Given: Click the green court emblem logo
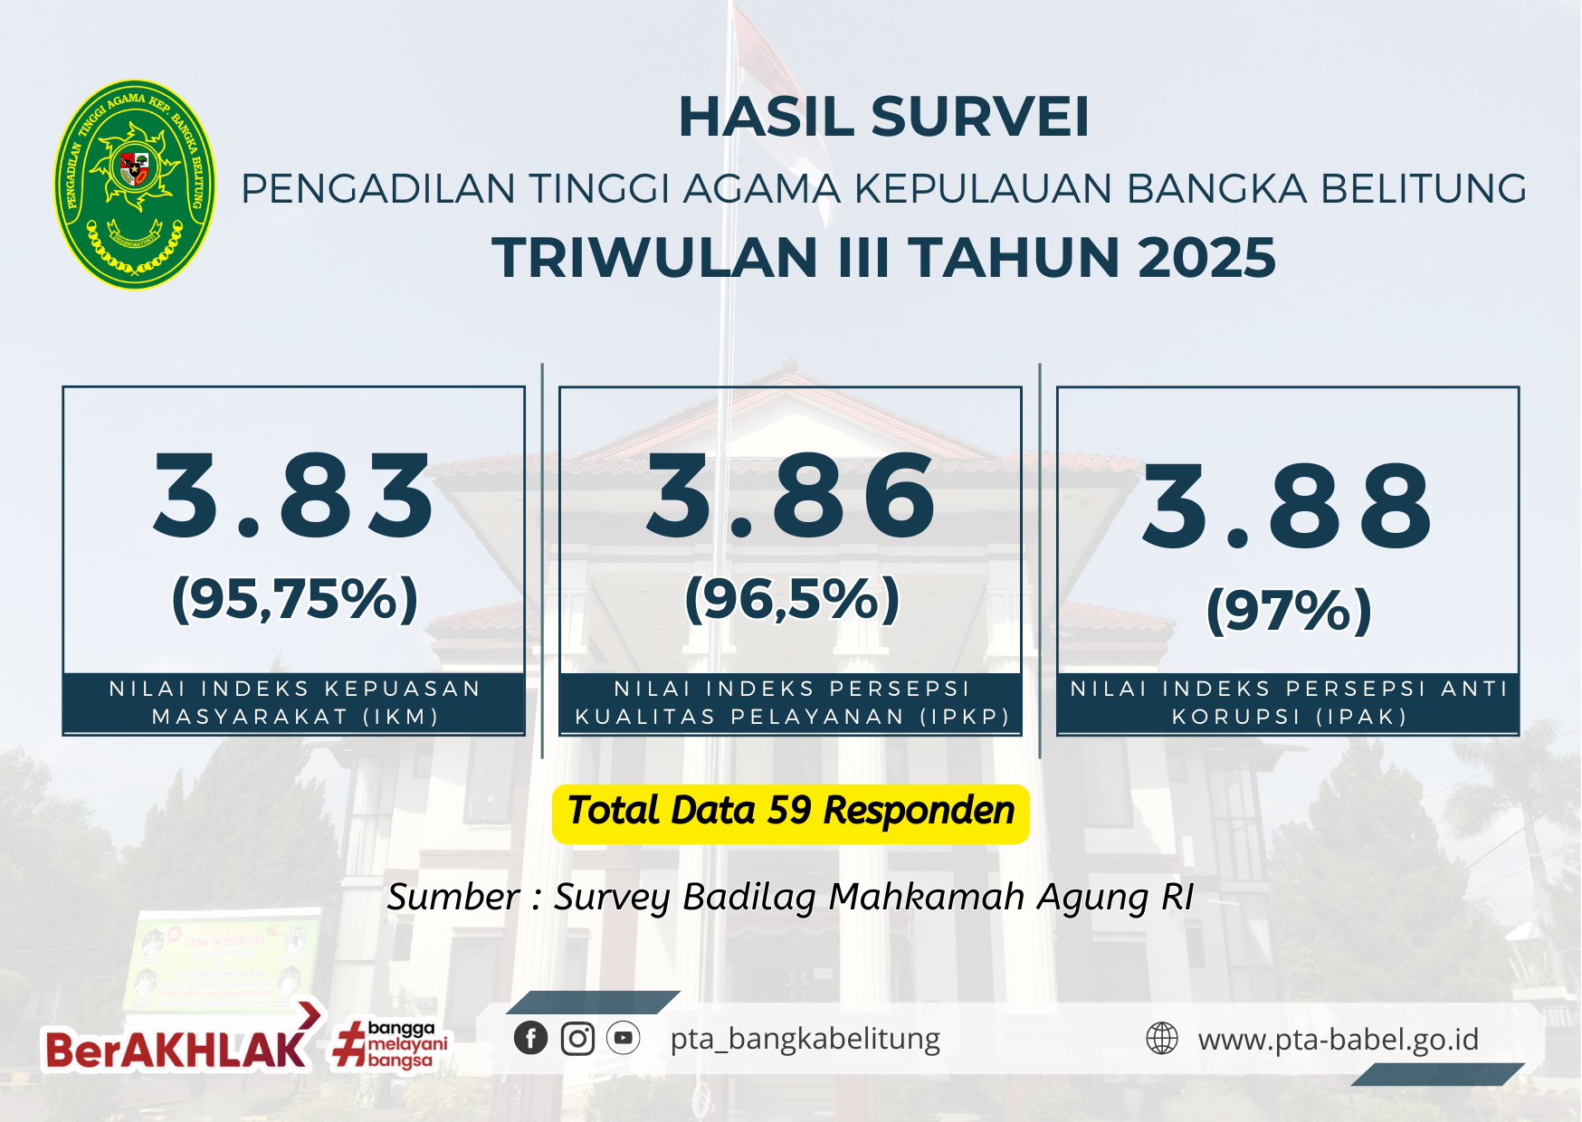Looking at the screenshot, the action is click(x=135, y=185).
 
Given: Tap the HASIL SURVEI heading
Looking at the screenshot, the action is click(x=884, y=117).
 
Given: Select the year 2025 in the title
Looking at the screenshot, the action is click(x=1206, y=258).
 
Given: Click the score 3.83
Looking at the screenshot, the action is click(x=294, y=496).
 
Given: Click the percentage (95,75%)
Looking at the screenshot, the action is click(x=295, y=599).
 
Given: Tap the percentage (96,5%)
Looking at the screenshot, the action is click(x=792, y=599).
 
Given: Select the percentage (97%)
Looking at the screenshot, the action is click(x=1289, y=610).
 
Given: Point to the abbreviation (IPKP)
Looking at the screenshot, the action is click(x=965, y=717).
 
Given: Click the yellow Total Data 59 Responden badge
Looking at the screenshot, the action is click(x=791, y=813).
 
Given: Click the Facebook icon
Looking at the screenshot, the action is click(x=531, y=1038).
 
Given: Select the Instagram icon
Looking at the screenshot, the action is click(x=577, y=1038).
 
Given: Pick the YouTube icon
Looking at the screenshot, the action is click(x=624, y=1038).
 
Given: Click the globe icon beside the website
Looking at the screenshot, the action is click(x=1162, y=1039).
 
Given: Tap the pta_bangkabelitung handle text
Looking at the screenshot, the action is click(x=805, y=1039).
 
